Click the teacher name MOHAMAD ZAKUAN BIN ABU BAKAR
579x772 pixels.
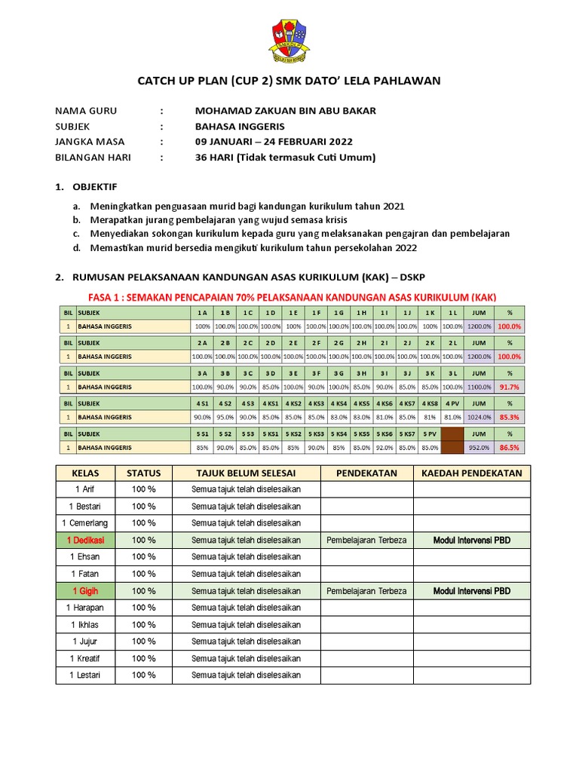[x=285, y=111]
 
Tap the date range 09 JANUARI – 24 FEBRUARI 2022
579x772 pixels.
[x=273, y=142]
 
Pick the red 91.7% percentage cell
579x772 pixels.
[x=510, y=387]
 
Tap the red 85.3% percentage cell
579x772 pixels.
[x=510, y=417]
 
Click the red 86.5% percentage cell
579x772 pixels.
[x=510, y=447]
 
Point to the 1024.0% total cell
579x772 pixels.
[x=479, y=417]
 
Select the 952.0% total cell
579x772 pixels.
[x=479, y=447]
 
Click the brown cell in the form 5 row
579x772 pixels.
[x=452, y=441]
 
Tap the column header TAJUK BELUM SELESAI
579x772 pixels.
[x=246, y=473]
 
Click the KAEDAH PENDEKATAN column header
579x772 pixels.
[x=472, y=473]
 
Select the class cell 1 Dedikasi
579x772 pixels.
[x=85, y=541]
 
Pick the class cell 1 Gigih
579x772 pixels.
[x=85, y=591]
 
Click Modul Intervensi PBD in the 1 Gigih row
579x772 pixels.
[x=472, y=591]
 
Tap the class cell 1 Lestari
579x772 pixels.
[x=85, y=675]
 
